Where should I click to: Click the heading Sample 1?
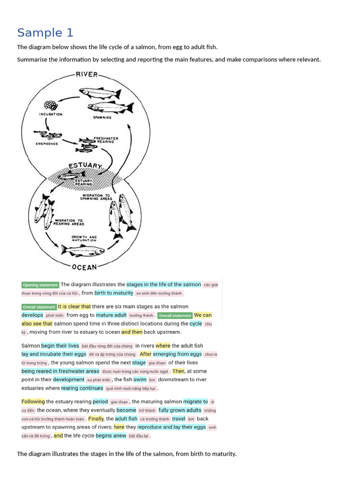45,33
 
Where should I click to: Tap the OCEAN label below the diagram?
84,267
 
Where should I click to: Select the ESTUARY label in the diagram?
85,166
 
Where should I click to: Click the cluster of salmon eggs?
51,105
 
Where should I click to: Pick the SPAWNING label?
102,117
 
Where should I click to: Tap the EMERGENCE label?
46,143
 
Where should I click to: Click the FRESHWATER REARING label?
105,140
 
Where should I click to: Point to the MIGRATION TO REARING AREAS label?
68,222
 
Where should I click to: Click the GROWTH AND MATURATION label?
84,239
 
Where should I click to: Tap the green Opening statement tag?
40,285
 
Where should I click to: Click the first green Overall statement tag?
39,307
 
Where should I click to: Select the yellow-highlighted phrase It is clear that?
74,307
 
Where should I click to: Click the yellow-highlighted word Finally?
96,419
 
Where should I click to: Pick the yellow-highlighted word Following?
33,401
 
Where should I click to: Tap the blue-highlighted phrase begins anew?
111,435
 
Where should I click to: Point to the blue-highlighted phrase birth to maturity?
114,293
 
